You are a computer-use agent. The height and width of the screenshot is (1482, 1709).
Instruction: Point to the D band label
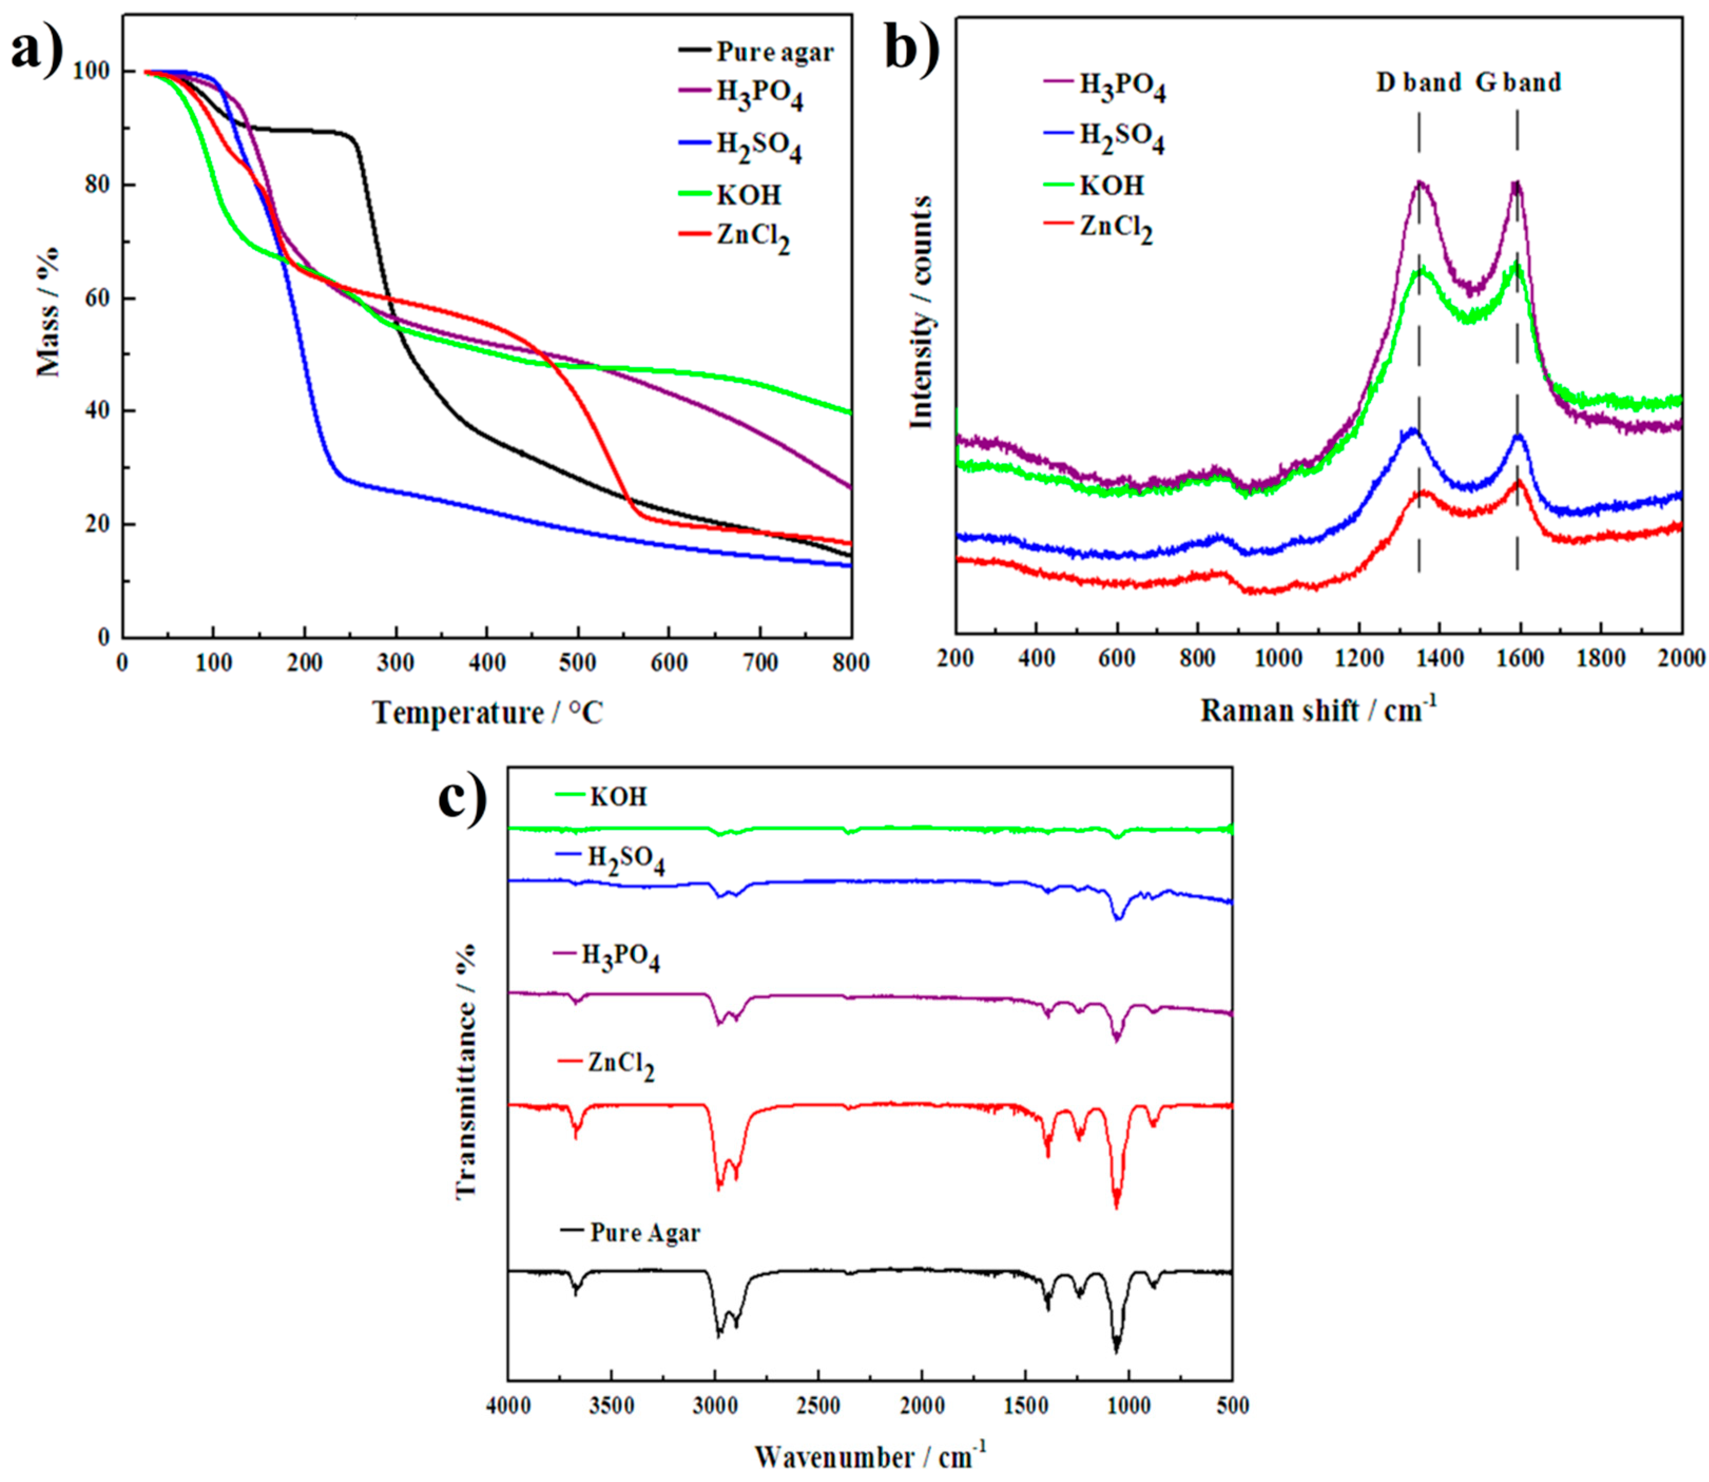(x=1418, y=83)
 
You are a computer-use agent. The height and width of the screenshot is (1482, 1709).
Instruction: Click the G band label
(x=1519, y=83)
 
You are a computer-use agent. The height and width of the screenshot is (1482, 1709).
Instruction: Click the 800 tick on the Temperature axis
(x=851, y=663)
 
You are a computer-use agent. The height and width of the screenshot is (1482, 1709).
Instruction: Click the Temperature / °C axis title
(x=488, y=713)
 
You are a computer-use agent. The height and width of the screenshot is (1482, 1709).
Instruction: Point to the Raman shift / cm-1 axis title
(x=1319, y=709)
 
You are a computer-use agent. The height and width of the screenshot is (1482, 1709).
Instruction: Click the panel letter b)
(x=912, y=48)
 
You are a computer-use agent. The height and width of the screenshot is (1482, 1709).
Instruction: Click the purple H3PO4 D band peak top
(x=1420, y=183)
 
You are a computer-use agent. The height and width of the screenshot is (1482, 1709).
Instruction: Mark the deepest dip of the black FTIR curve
(x=1116, y=1352)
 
